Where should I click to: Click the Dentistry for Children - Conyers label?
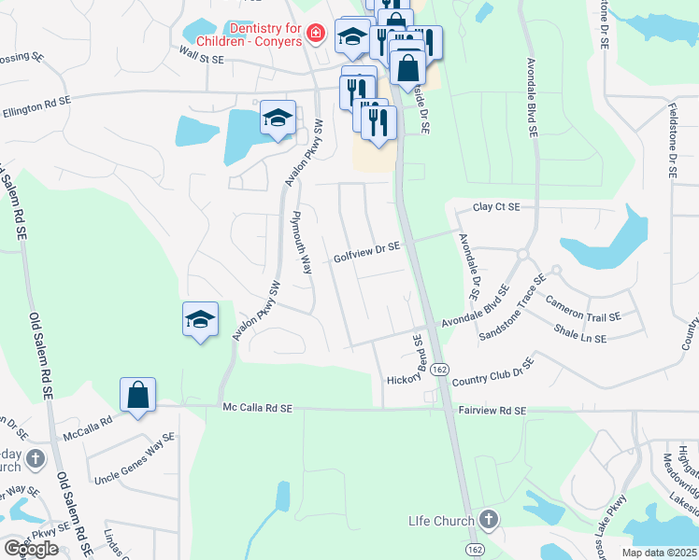(250, 35)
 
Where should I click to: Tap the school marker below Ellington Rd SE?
(278, 118)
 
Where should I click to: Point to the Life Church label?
(442, 519)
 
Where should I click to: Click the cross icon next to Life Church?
(487, 519)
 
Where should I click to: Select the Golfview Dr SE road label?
(366, 248)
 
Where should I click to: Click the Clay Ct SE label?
(495, 207)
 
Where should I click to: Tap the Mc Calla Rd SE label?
(258, 408)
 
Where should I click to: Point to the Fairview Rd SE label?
(492, 410)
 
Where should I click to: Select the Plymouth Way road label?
(301, 241)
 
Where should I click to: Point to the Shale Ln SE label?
(587, 330)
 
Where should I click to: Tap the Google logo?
(32, 549)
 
